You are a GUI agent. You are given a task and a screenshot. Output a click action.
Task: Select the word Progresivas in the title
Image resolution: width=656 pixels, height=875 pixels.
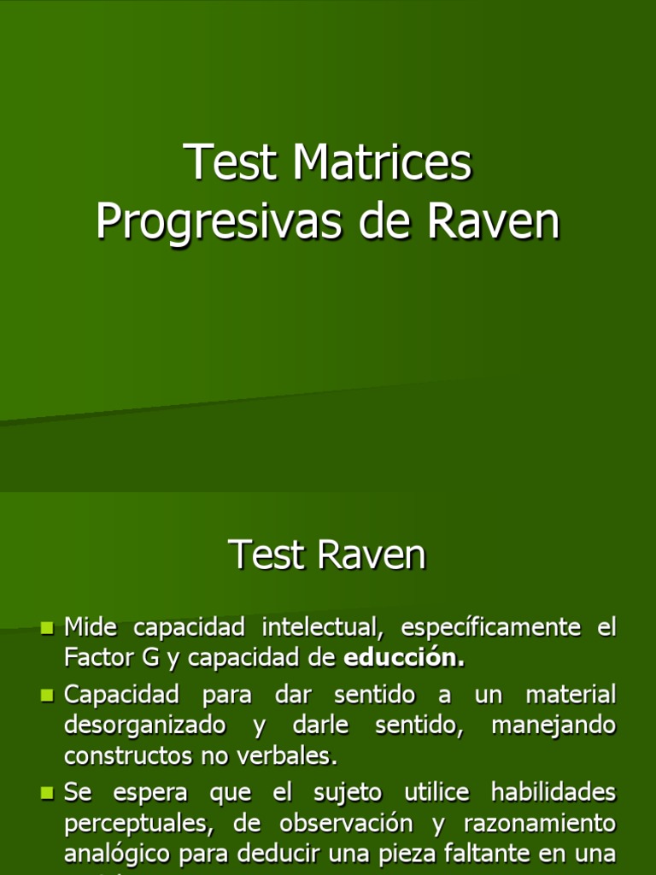pyautogui.click(x=214, y=221)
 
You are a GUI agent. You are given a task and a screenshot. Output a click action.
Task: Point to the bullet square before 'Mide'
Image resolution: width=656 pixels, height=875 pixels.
pyautogui.click(x=48, y=629)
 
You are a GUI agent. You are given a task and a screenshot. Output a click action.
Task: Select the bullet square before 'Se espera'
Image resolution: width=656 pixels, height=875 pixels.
pyautogui.click(x=48, y=794)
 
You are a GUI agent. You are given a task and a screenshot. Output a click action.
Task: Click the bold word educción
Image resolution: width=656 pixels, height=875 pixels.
pyautogui.click(x=405, y=658)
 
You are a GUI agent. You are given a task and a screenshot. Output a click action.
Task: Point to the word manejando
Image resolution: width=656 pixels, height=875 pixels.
pyautogui.click(x=553, y=725)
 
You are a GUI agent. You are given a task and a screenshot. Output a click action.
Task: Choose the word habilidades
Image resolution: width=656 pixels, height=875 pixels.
pyautogui.click(x=553, y=792)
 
